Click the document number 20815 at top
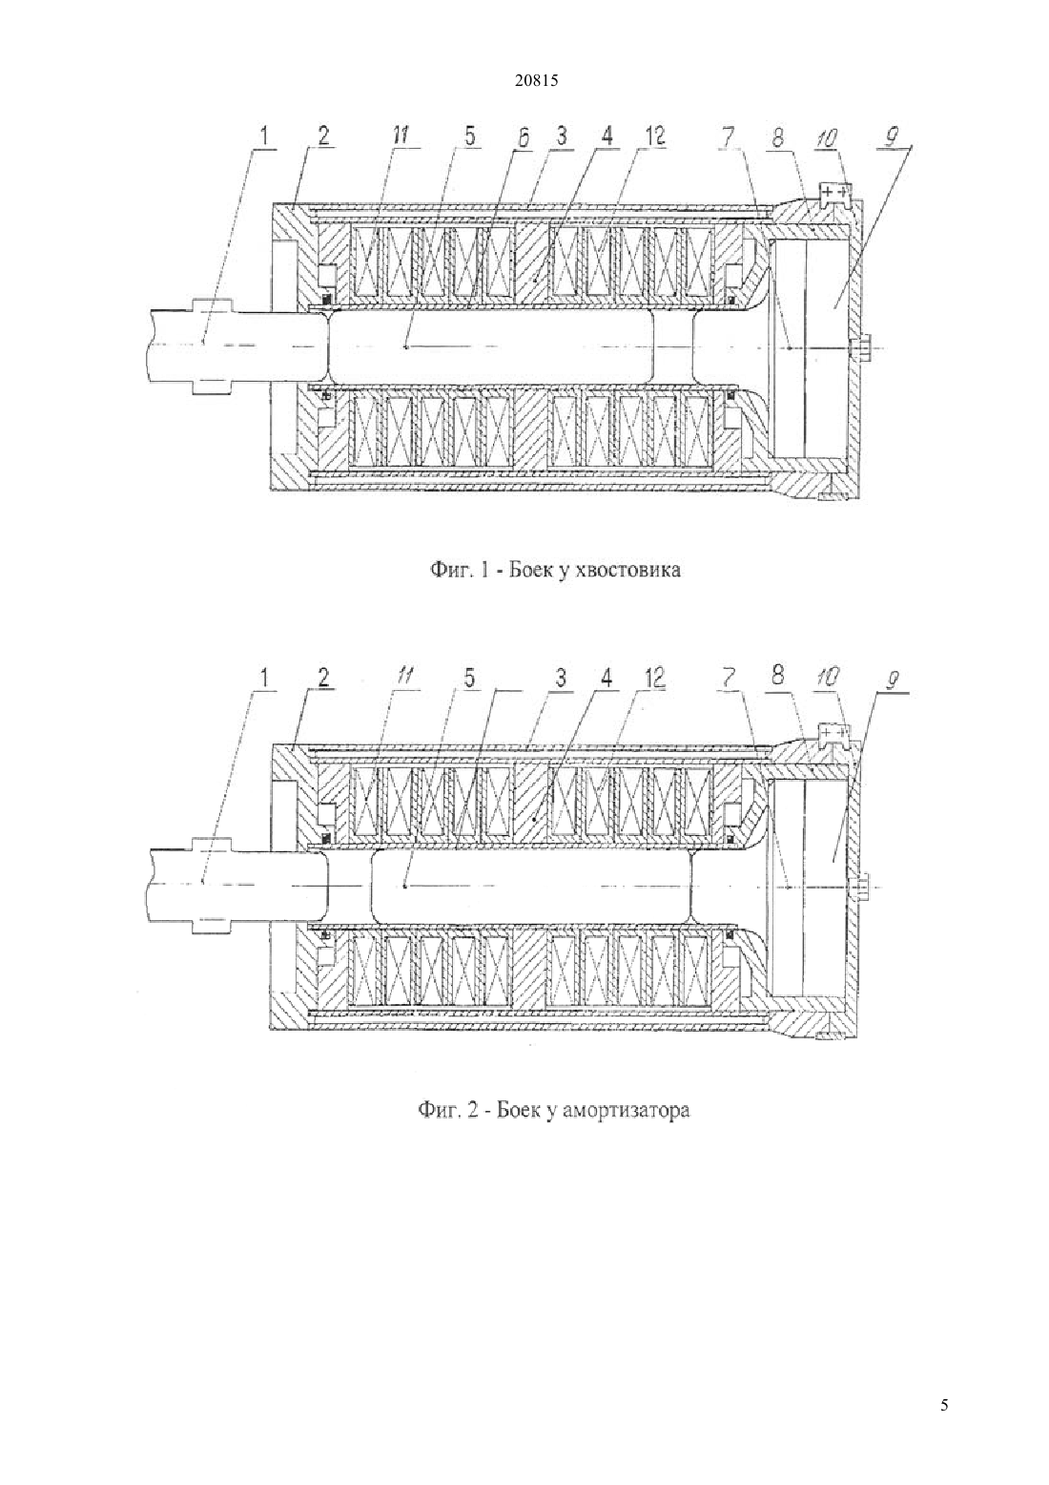click(x=536, y=81)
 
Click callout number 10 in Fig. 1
click(x=827, y=137)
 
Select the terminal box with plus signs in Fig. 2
click(x=833, y=732)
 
